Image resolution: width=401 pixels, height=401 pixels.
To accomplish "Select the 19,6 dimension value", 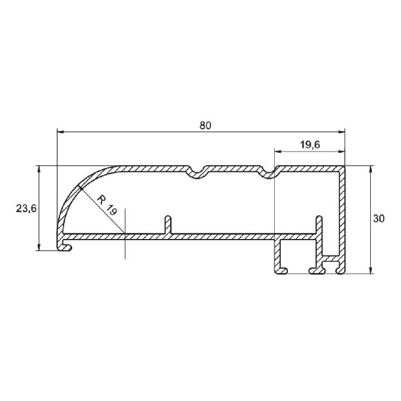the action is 310,145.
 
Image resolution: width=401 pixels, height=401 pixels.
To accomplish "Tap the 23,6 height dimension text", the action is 26,209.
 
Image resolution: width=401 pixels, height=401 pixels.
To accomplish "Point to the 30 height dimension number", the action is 379,219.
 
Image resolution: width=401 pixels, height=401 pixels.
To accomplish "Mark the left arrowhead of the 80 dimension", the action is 60,132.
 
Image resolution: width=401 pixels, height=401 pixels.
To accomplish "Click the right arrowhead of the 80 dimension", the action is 341,132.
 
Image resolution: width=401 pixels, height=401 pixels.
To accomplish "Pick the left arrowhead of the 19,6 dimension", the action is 278,152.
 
